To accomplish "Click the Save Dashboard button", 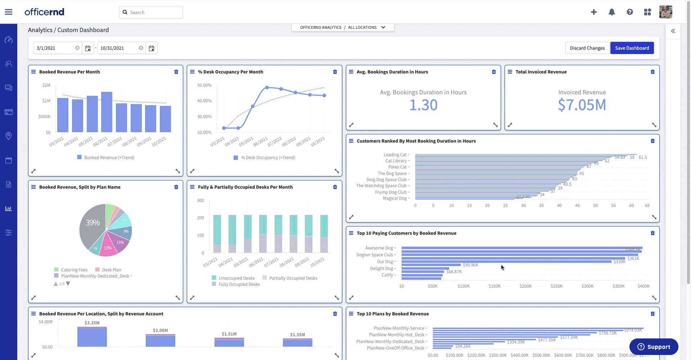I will [632, 48].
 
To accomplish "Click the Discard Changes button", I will [587, 48].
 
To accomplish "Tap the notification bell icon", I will [611, 12].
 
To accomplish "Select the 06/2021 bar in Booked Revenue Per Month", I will [107, 112].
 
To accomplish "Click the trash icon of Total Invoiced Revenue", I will [652, 72].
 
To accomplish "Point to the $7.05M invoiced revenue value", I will [582, 105].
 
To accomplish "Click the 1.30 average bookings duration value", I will [423, 105].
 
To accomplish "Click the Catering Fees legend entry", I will [74, 270].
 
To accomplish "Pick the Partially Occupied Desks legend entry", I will [293, 278].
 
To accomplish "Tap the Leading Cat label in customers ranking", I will [395, 155].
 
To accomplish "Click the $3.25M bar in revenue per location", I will [92, 337].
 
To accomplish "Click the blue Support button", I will [654, 347].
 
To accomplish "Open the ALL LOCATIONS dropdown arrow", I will [383, 27].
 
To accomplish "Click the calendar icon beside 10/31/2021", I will [152, 48].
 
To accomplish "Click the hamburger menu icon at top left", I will [9, 12].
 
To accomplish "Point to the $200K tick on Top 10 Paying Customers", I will [525, 286].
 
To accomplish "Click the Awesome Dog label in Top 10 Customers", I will [379, 248].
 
